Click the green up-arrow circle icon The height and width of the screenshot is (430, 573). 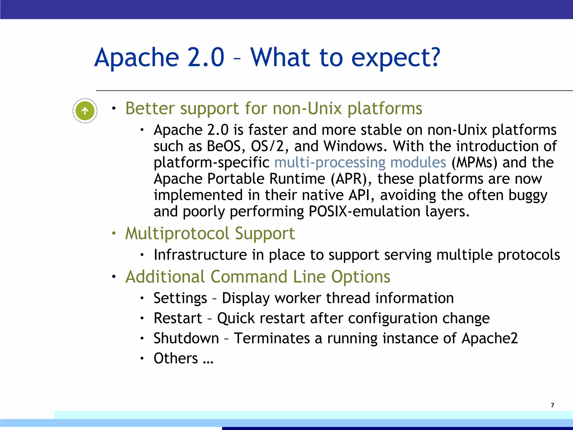coord(85,111)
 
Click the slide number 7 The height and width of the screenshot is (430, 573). coord(552,405)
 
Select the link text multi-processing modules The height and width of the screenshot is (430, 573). coord(360,162)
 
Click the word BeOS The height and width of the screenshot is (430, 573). coord(224,146)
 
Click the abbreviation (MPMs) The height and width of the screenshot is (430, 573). coord(474,162)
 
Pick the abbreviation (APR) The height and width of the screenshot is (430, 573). coord(351,179)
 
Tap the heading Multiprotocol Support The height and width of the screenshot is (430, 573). coord(210,233)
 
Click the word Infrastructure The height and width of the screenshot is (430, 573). coord(200,255)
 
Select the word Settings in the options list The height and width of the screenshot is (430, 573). coord(180,298)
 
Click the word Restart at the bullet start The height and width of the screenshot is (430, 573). coord(178,318)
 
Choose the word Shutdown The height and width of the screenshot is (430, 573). coord(186,338)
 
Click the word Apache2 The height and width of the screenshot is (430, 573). coord(489,338)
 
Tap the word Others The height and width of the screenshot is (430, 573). coord(176,358)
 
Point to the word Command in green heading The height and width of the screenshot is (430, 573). coord(249,277)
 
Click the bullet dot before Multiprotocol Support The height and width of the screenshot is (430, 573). coord(114,233)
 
